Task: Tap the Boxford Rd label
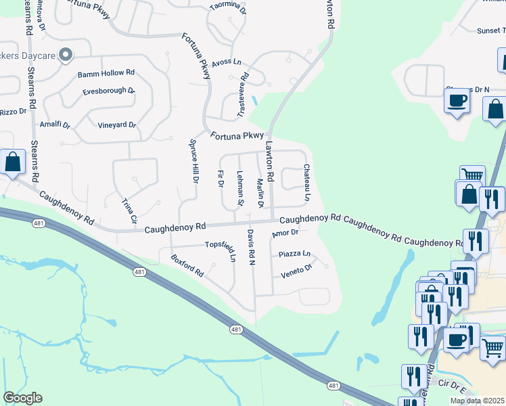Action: coord(187,265)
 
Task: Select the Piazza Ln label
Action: coord(294,254)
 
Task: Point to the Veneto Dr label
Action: coord(296,271)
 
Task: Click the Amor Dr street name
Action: coord(285,234)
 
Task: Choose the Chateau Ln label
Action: coord(306,183)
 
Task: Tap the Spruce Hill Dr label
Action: coord(193,162)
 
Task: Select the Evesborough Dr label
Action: coord(108,91)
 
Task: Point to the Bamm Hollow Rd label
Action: coord(106,72)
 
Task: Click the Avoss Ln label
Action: coord(226,62)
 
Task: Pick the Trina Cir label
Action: coord(129,211)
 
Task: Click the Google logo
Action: coord(22,398)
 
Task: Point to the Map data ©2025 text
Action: coord(476,401)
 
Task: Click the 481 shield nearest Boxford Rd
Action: coord(139,271)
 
